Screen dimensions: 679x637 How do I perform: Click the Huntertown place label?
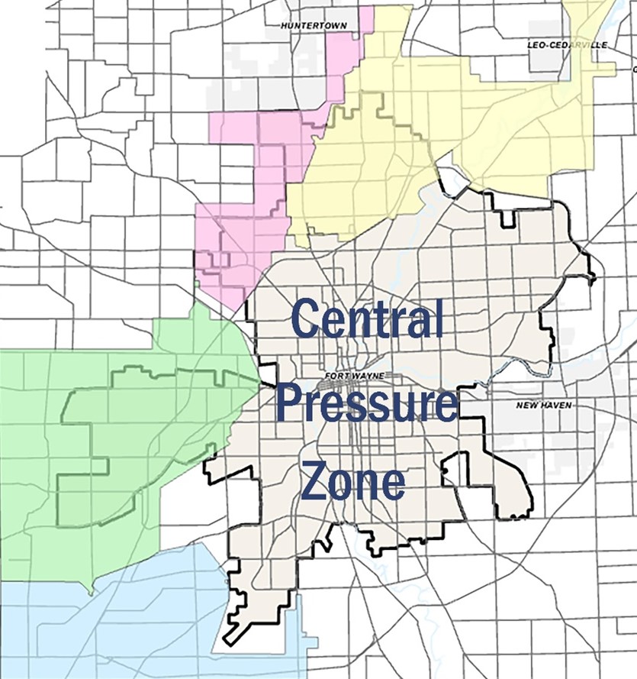[x=313, y=25]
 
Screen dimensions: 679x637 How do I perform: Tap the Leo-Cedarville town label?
[x=567, y=45]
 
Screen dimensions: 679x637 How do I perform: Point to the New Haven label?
[x=544, y=405]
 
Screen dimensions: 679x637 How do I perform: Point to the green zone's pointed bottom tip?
[x=90, y=593]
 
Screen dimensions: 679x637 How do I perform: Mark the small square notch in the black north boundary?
[x=507, y=219]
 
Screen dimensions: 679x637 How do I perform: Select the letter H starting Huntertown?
[x=284, y=25]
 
